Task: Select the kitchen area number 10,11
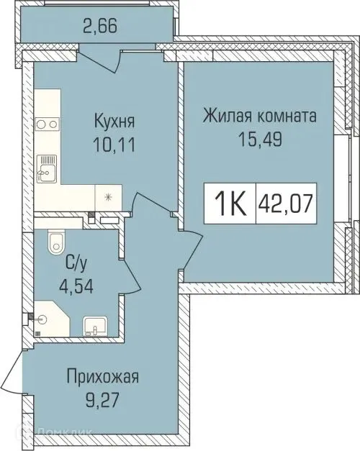coord(116,141)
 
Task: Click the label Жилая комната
coord(260,115)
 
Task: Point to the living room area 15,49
coord(260,139)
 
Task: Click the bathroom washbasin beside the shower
coord(94,327)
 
